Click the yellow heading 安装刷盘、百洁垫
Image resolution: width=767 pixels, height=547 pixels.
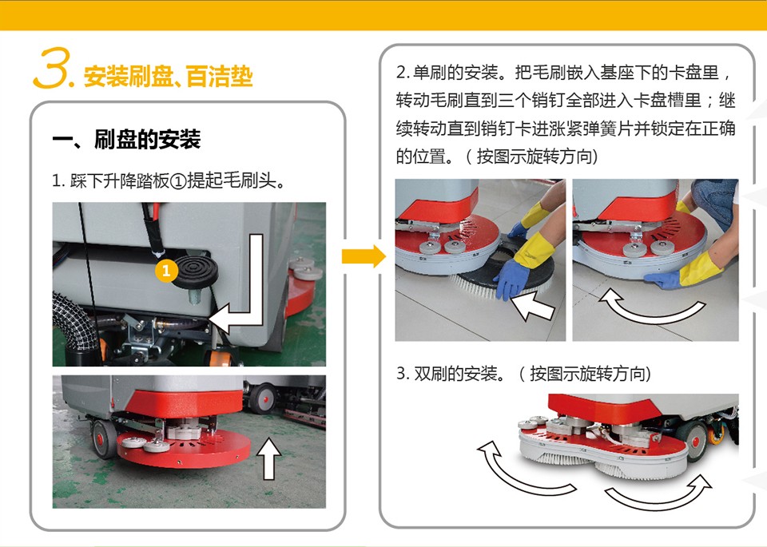pyautogui.click(x=168, y=76)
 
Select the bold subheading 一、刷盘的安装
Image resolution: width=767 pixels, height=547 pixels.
pyautogui.click(x=126, y=139)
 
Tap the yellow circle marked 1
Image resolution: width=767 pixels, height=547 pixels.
pyautogui.click(x=166, y=271)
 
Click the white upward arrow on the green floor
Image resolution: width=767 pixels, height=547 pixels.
pyautogui.click(x=268, y=458)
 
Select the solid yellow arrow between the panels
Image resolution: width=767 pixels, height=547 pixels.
pyautogui.click(x=364, y=256)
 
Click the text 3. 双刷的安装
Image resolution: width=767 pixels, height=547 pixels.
pyautogui.click(x=450, y=374)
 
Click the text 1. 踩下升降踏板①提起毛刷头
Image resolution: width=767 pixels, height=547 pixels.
pyautogui.click(x=169, y=180)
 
